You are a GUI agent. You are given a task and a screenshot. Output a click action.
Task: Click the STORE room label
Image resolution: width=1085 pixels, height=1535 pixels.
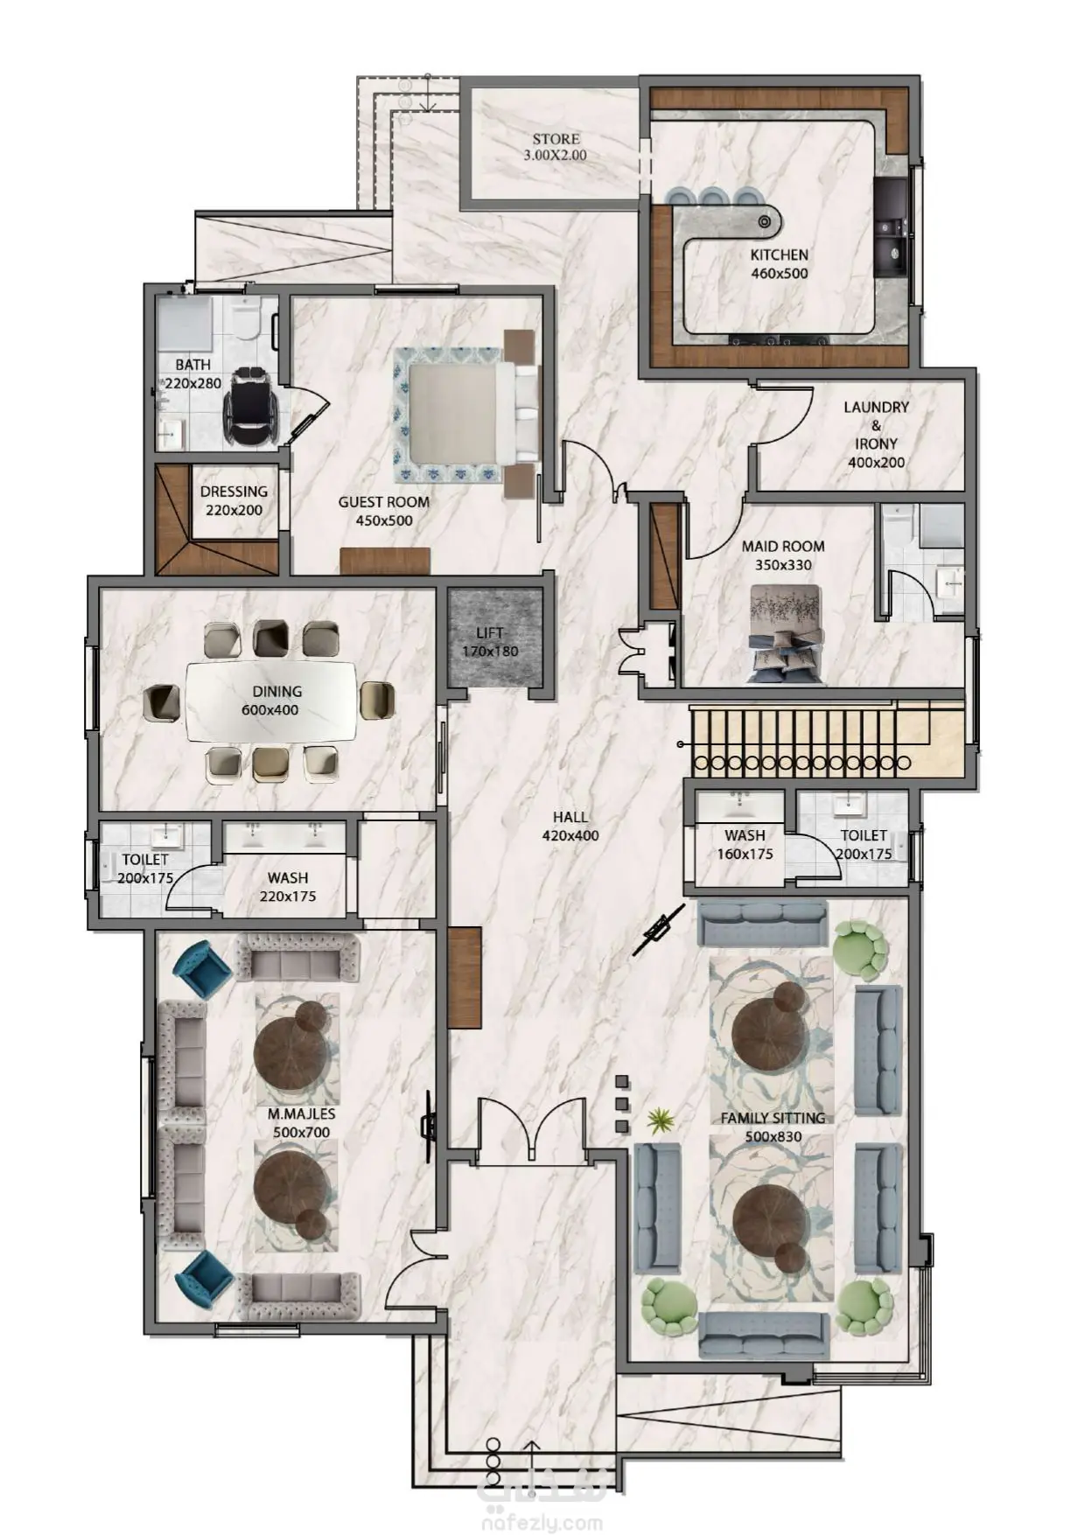pos(556,139)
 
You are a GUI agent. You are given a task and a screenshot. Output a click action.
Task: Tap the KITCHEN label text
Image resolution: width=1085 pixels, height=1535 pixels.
pos(779,255)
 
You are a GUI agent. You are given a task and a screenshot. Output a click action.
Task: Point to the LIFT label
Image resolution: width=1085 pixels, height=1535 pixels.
pos(490,632)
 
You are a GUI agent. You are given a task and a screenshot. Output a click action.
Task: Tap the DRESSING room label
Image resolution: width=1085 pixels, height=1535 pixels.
pos(234,492)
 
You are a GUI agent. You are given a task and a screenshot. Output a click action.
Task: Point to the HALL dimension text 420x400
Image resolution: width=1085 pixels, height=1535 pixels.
pos(570,836)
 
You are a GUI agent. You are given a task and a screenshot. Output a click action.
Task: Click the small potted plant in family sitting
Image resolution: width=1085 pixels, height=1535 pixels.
pos(660,1120)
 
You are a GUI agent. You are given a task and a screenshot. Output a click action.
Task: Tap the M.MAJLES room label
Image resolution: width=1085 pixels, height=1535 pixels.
pos(301,1114)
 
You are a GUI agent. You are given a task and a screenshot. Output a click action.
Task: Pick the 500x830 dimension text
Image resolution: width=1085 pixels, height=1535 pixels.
pos(773,1138)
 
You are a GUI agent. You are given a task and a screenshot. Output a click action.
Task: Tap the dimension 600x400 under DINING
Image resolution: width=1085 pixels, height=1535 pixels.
pos(270,710)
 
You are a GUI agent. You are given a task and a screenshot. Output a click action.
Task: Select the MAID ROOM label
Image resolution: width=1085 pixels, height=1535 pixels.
pos(783,547)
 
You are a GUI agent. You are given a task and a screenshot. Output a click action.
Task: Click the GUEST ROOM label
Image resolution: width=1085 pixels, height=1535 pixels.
pos(383,503)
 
